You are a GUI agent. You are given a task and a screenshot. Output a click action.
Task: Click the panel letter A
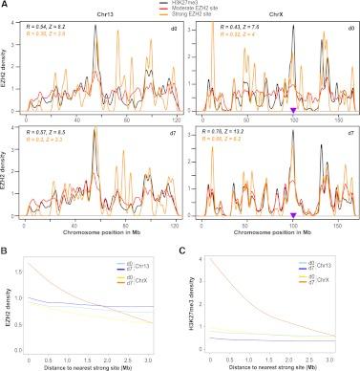pos(6,6)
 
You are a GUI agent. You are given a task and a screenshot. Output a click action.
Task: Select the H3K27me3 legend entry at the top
pos(197,4)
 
